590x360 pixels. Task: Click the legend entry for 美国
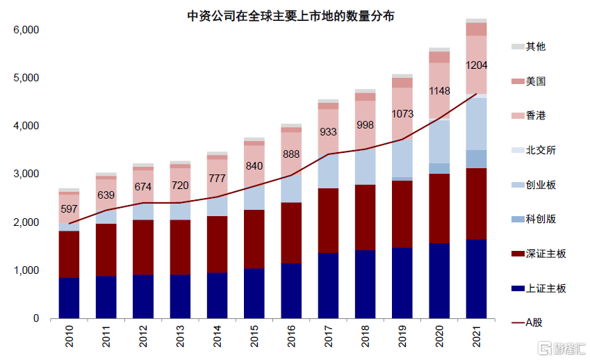pos(535,81)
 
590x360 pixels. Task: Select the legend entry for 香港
pos(535,115)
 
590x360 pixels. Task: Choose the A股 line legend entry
pos(531,322)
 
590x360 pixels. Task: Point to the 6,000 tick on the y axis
pos(26,31)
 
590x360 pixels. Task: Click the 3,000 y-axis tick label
pos(26,174)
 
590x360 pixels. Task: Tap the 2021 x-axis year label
pos(476,336)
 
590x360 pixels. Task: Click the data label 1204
pos(476,65)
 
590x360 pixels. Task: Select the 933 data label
pos(328,131)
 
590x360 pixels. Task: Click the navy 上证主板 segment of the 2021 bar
pos(476,278)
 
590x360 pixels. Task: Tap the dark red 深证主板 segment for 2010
pos(69,254)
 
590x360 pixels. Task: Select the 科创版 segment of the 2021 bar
pos(476,158)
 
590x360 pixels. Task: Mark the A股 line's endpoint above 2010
pos(69,223)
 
